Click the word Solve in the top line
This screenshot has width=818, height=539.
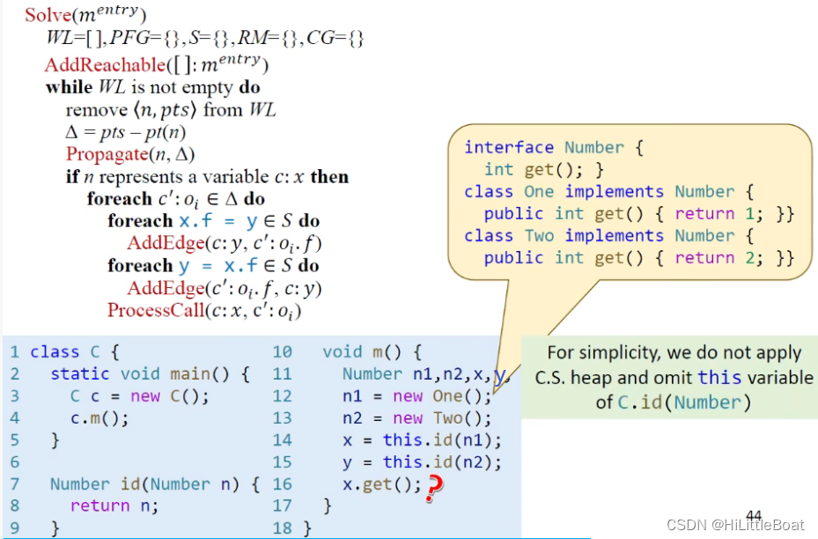tap(46, 15)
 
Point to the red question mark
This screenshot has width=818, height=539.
tap(431, 487)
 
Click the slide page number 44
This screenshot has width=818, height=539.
tap(754, 514)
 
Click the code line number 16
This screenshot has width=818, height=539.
tap(282, 484)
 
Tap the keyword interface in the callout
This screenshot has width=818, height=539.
tap(509, 147)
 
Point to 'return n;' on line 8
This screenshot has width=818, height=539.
tap(114, 506)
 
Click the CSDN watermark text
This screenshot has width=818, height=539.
tap(735, 525)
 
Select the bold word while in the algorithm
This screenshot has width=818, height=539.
tap(69, 87)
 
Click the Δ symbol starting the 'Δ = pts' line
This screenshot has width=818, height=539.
tap(71, 132)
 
